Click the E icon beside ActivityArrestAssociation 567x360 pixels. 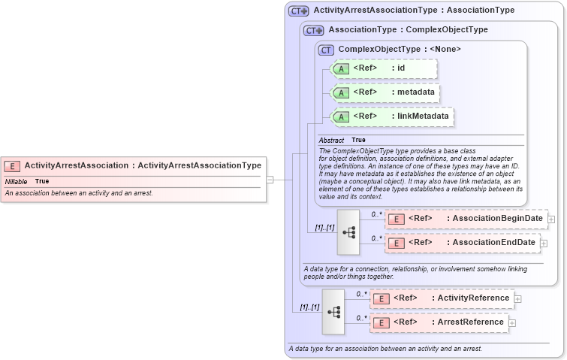tap(12, 165)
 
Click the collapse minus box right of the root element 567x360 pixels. tap(270, 180)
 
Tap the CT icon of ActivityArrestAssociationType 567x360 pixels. tap(299, 11)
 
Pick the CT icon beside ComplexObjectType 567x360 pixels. tap(326, 50)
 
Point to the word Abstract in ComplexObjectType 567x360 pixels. tap(331, 141)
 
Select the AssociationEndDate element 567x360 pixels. tap(463, 243)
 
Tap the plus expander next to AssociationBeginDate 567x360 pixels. tap(551, 219)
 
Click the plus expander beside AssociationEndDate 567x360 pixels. tap(544, 243)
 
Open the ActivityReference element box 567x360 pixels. tap(442, 298)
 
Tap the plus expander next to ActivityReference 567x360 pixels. tap(517, 298)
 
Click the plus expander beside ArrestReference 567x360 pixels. tap(512, 323)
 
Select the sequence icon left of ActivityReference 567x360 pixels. tap(333, 311)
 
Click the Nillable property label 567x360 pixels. tap(17, 182)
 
